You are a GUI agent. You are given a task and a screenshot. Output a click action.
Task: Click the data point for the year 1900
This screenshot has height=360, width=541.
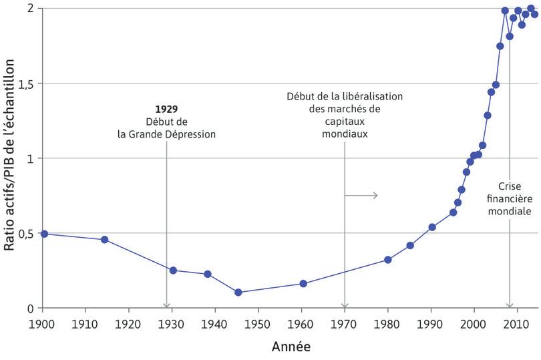pos(44,234)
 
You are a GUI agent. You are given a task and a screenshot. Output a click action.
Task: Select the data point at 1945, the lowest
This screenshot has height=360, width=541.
pos(238,292)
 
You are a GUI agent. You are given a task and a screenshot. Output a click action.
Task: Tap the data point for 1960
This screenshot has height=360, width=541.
pos(303,283)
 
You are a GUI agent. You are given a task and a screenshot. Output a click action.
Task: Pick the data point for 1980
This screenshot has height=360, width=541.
pos(388,259)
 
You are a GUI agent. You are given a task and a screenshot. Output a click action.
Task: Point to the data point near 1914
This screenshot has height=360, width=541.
pos(104,239)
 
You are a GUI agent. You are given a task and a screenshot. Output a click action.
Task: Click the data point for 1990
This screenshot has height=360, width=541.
pos(432,227)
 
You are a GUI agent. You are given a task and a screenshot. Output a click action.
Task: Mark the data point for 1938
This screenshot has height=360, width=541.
pos(208,274)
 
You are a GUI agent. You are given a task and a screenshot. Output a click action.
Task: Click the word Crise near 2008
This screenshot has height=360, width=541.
pos(510,187)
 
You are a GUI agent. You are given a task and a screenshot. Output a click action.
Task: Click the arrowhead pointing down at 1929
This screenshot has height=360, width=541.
pos(166,305)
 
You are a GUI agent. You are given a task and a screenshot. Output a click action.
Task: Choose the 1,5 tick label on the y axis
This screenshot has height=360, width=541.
pos(25,83)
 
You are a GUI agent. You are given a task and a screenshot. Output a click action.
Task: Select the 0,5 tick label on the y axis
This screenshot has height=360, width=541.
pos(25,233)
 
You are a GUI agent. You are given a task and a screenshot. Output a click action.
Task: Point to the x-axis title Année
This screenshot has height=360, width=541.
pos(291,347)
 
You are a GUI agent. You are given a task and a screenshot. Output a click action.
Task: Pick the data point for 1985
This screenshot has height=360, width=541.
pos(410,245)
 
